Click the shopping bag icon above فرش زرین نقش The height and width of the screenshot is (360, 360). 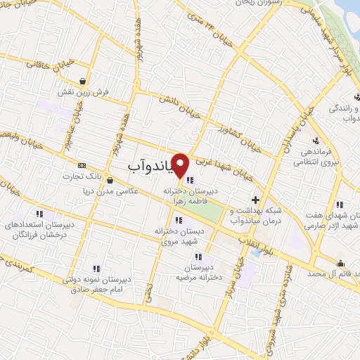pyautogui.click(x=84, y=81)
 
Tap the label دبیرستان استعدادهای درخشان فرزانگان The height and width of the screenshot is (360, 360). pyautogui.click(x=37, y=229)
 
